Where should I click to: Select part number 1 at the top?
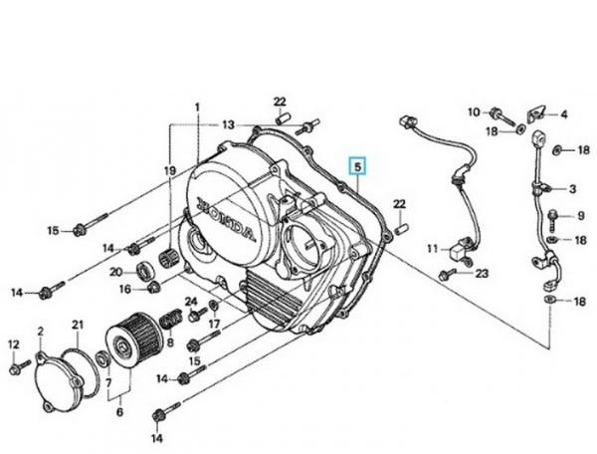point(197,108)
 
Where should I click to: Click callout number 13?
point(229,124)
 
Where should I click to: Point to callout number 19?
point(170,170)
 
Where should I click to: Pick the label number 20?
point(115,272)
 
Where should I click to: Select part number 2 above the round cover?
point(41,330)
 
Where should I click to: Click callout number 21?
point(77,326)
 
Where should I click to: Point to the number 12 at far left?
point(14,344)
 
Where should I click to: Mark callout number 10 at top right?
point(473,111)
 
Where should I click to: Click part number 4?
point(563,114)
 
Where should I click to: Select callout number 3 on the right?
point(572,188)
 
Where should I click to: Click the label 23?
point(482,273)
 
